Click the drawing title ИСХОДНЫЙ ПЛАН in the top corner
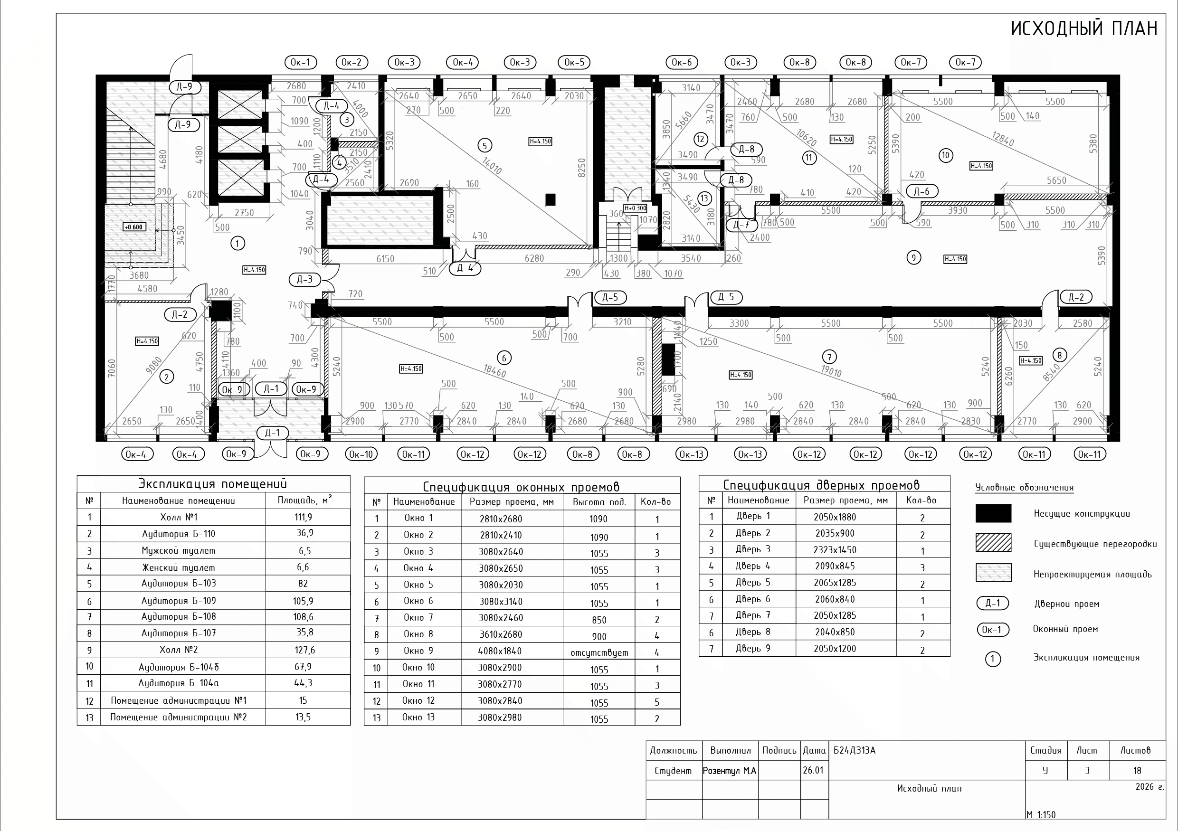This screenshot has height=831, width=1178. click(x=1084, y=28)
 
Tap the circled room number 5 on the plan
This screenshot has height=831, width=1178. click(x=485, y=146)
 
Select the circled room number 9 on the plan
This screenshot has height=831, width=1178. click(x=913, y=257)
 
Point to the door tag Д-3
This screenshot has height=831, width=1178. click(x=305, y=280)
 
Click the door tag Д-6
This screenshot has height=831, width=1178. click(x=921, y=191)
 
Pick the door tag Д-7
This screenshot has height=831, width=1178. click(x=741, y=225)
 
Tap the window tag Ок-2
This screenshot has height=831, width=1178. click(x=351, y=63)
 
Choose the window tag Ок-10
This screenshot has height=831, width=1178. click(x=361, y=454)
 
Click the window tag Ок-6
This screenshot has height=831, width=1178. click(x=682, y=63)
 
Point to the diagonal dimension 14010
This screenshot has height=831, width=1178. click(x=492, y=165)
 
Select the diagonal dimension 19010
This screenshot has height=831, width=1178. click(x=831, y=370)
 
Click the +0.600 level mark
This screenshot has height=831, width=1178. click(x=134, y=227)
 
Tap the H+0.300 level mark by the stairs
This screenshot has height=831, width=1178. click(x=635, y=208)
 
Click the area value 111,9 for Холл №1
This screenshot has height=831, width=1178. click(x=303, y=517)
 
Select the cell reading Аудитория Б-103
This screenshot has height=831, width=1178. click(x=179, y=583)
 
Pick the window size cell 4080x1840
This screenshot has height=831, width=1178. click(x=500, y=651)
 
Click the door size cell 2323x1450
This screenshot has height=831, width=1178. click(x=835, y=550)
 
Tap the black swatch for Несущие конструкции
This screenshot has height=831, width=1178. click(x=993, y=513)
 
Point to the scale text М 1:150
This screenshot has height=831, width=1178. click(x=1041, y=814)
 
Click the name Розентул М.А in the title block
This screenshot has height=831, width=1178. click(x=730, y=771)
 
